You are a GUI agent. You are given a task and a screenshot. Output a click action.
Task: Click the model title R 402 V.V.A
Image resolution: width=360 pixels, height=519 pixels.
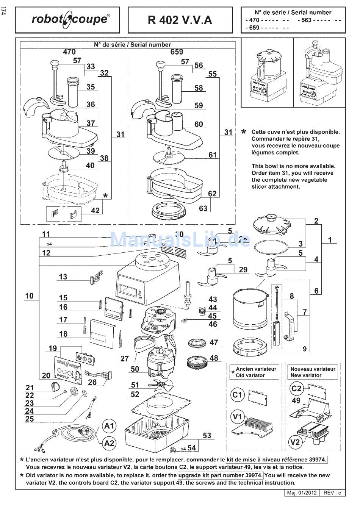tap(180, 20)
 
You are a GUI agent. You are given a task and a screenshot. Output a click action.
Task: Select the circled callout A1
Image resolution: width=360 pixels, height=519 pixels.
tap(109, 426)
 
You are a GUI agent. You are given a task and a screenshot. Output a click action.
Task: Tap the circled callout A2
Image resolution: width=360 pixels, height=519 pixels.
tap(109, 443)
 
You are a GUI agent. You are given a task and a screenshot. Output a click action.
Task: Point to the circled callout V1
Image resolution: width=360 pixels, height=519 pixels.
tap(237, 417)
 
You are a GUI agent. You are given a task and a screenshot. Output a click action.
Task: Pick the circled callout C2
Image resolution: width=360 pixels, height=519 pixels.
tap(296, 388)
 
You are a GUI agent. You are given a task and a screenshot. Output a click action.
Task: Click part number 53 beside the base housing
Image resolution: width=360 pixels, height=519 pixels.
tap(207, 436)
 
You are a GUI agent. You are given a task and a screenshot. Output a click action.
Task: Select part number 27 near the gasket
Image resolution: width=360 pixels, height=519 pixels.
tap(125, 358)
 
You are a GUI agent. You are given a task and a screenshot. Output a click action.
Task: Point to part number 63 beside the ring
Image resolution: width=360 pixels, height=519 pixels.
tap(203, 208)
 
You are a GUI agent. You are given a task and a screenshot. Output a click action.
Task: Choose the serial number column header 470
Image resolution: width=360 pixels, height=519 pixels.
tap(69, 52)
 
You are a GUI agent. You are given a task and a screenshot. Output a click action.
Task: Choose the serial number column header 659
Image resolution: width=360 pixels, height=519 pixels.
tap(177, 52)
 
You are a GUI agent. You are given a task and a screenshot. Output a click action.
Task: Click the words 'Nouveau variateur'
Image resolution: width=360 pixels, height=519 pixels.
tap(313, 369)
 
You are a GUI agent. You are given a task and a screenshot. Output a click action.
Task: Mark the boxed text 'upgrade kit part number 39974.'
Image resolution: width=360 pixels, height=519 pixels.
tap(220, 475)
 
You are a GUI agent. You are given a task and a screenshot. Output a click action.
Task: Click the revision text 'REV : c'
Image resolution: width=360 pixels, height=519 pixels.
tap(332, 493)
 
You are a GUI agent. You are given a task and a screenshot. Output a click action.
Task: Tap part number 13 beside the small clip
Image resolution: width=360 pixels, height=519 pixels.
tap(63, 277)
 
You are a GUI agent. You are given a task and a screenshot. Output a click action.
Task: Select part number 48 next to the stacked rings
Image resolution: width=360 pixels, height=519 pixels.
tap(214, 358)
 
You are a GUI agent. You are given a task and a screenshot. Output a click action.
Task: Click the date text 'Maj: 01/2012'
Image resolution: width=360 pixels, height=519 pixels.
tap(302, 493)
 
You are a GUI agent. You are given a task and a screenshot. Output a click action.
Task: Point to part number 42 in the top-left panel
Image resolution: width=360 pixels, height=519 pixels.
tap(95, 211)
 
